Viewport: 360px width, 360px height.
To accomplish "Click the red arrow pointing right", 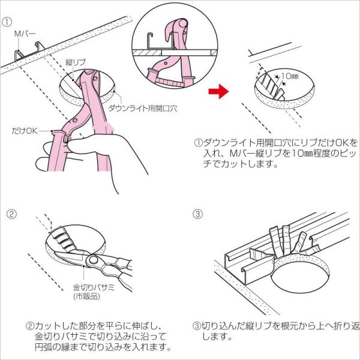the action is [218, 91].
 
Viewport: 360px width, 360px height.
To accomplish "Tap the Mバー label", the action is [25, 34].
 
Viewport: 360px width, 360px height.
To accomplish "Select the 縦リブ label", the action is [76, 62].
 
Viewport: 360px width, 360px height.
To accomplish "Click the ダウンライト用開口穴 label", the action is [143, 108].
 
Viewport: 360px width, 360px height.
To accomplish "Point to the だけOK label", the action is [25, 131].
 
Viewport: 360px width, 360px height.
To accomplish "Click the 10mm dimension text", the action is [290, 76].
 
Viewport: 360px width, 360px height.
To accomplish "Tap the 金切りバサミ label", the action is [94, 287].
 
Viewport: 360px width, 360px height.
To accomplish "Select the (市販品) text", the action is [86, 296].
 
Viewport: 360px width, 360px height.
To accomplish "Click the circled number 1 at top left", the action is [7, 22].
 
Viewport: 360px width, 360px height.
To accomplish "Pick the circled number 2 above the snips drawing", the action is [11, 214].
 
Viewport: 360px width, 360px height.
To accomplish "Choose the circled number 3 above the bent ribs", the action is [198, 214].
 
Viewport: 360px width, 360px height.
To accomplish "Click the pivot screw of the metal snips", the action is [93, 260].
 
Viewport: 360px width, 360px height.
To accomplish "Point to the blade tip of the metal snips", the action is [55, 252].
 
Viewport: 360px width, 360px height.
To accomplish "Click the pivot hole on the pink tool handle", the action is [75, 120].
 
